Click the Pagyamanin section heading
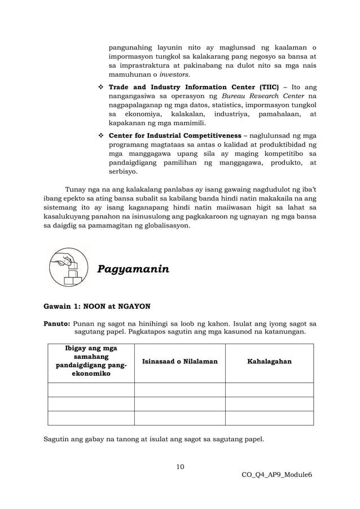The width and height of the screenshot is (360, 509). (x=133, y=269)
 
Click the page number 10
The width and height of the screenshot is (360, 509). (x=180, y=466)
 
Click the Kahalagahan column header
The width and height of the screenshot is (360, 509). (x=269, y=361)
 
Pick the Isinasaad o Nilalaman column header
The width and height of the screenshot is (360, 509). (x=179, y=361)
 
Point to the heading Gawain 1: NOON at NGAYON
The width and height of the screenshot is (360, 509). (x=97, y=307)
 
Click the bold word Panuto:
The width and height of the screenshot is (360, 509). (x=57, y=324)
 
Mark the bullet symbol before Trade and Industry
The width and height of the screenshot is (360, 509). (x=99, y=87)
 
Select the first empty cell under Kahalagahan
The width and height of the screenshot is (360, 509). (x=269, y=390)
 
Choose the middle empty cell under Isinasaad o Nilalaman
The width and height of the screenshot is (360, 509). (x=179, y=404)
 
